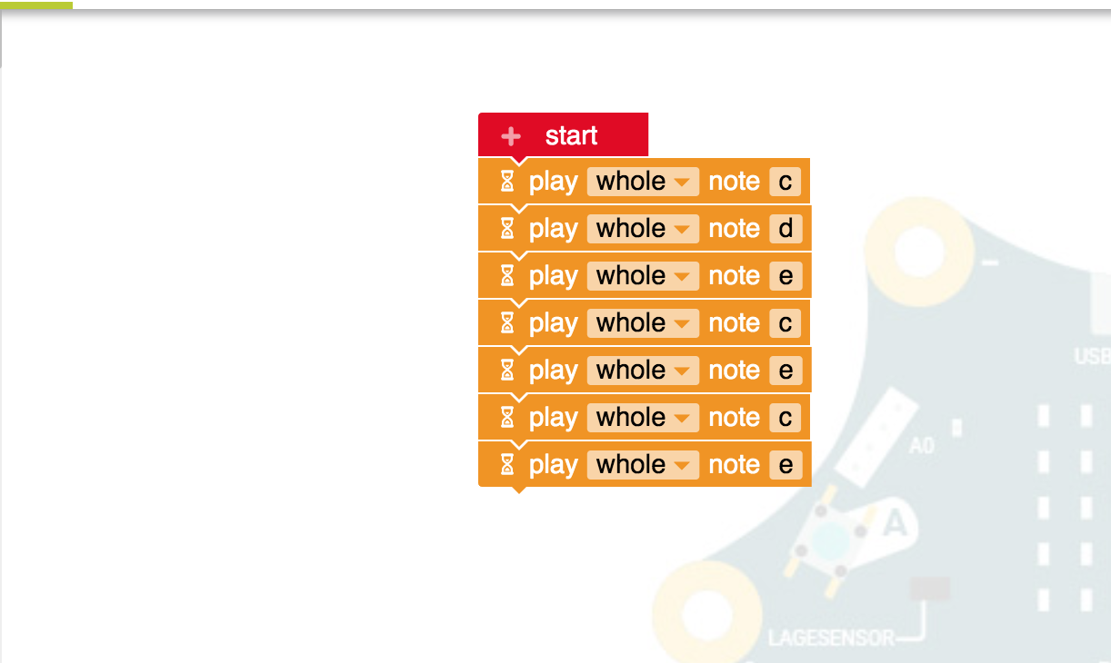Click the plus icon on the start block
pyautogui.click(x=511, y=136)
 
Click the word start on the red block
pyautogui.click(x=571, y=136)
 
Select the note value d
pyautogui.click(x=786, y=229)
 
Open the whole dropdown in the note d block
pyautogui.click(x=643, y=229)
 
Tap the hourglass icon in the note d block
pyautogui.click(x=507, y=229)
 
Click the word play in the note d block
pyautogui.click(x=553, y=229)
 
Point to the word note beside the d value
pyautogui.click(x=734, y=229)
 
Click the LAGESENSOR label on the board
pyautogui.click(x=831, y=638)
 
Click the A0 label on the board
pyautogui.click(x=921, y=446)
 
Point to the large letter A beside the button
pyautogui.click(x=896, y=523)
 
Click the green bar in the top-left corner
pyautogui.click(x=36, y=5)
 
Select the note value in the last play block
pyautogui.click(x=786, y=465)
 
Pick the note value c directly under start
pyautogui.click(x=786, y=182)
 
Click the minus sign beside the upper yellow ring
pyautogui.click(x=990, y=263)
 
